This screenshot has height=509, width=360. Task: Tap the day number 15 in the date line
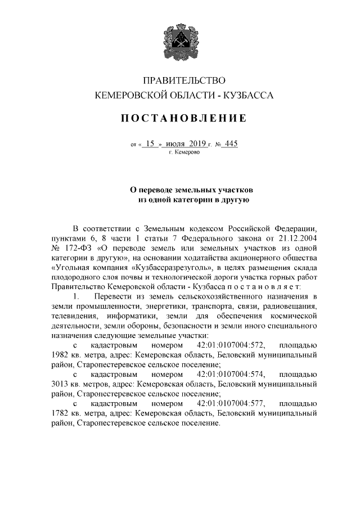(150, 143)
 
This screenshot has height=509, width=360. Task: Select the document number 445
(230, 143)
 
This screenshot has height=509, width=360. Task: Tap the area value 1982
(61, 355)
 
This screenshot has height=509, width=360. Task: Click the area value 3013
(61, 384)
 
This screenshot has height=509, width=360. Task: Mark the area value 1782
(61, 413)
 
